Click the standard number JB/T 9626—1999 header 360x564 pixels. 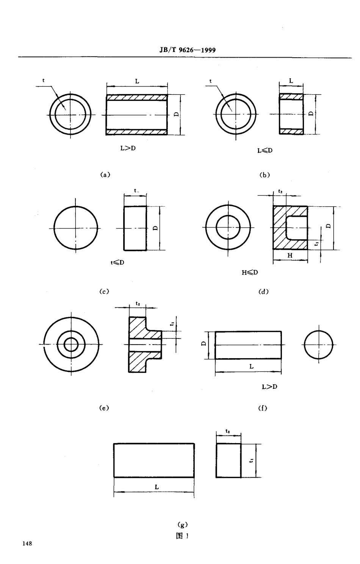[185, 50]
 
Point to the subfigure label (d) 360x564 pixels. [263, 291]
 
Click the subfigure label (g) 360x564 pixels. [183, 525]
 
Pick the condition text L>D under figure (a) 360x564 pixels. [128, 148]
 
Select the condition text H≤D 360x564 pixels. [250, 273]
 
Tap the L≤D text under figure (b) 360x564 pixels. [265, 150]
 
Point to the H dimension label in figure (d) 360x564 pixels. [290, 255]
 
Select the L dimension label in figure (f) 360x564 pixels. [251, 366]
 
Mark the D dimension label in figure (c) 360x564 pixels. [155, 228]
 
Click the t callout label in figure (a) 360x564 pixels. [44, 80]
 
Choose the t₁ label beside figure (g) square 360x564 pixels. [251, 460]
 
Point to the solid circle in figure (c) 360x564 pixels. [76, 228]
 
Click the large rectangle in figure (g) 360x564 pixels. [154, 460]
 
